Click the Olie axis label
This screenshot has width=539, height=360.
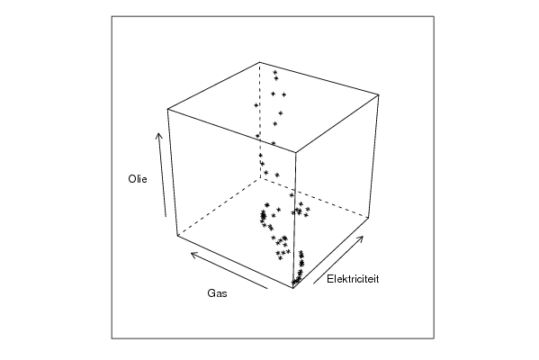[138, 179]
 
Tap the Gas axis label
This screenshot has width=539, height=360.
[217, 293]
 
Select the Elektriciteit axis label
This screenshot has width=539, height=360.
[353, 279]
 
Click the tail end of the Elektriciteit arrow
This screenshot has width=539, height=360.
[313, 283]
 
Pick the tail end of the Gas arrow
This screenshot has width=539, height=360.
[267, 289]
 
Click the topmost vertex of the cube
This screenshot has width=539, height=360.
[260, 62]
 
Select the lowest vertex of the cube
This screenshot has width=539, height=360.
[292, 288]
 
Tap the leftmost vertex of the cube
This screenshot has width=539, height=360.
[167, 109]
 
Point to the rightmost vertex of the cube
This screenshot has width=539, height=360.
[379, 94]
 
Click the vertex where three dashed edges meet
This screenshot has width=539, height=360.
[260, 178]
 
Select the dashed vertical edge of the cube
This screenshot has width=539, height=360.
[260, 121]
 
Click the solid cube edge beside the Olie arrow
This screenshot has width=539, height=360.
[173, 172]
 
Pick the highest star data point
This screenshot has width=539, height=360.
[275, 72]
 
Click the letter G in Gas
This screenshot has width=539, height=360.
[211, 293]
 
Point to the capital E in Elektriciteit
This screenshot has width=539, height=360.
[329, 279]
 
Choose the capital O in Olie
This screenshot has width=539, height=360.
[132, 179]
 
